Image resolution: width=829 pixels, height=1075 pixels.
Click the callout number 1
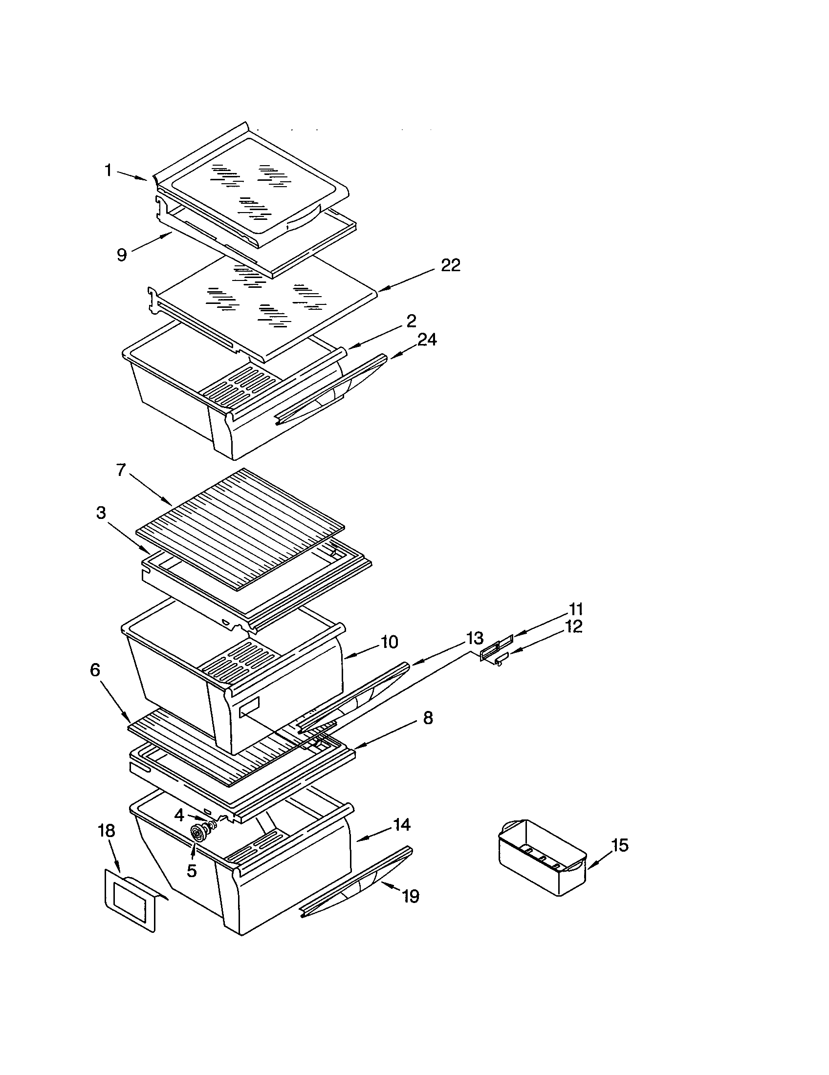[x=108, y=171]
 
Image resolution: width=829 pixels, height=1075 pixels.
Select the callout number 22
[x=450, y=265]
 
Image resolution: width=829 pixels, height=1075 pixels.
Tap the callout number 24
[x=426, y=340]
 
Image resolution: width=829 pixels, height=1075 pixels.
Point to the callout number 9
[x=122, y=255]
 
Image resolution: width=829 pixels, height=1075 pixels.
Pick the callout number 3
[x=101, y=513]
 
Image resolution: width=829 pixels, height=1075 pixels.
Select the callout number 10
[x=389, y=642]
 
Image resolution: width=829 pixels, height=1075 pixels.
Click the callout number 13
[x=475, y=639]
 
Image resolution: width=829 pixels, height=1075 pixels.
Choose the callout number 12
[x=573, y=626]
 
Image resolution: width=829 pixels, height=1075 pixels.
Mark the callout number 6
[x=95, y=670]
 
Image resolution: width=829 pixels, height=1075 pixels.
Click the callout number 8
[x=428, y=718]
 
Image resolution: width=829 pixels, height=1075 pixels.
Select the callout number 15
[x=620, y=845]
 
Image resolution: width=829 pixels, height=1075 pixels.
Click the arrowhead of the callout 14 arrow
[x=358, y=839]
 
